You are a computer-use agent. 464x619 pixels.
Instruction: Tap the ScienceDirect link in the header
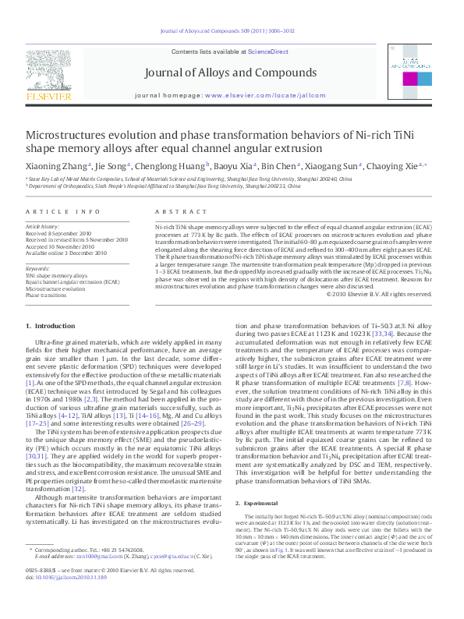click(x=268, y=51)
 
